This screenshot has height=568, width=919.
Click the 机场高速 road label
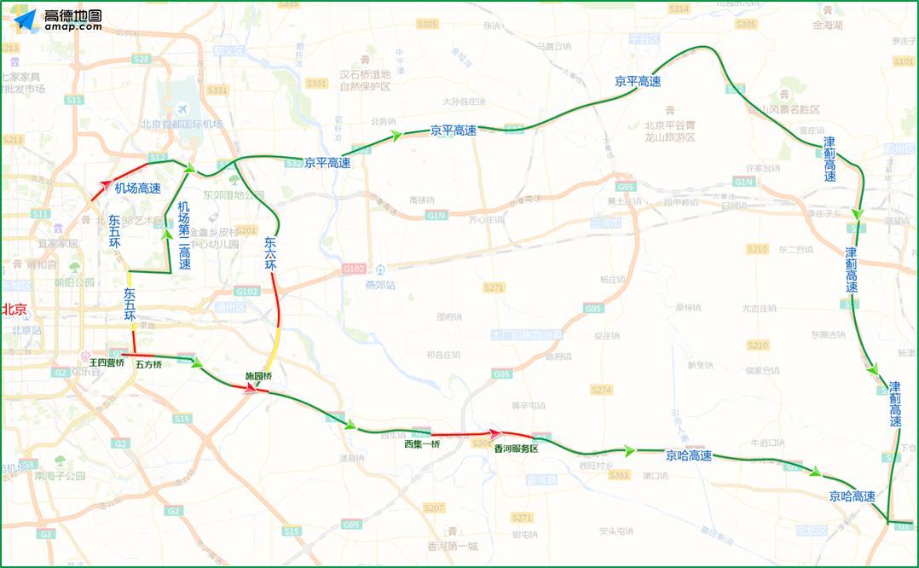point(138,188)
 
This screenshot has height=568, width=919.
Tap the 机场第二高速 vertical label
point(184,235)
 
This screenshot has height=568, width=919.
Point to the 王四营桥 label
point(107,363)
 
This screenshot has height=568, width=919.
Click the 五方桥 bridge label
point(148,364)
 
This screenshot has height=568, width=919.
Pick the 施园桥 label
point(258,376)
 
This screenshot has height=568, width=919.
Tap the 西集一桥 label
point(422,445)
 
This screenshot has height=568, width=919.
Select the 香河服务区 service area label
point(517,449)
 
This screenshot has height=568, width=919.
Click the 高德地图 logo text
point(73,15)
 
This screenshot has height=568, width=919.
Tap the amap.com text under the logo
point(73,27)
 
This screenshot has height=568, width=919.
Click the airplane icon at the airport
point(182,110)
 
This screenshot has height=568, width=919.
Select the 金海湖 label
point(827,26)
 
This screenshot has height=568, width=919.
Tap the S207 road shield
point(434,508)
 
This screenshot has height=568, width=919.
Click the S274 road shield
point(601,390)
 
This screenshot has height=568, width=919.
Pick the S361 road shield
point(619,475)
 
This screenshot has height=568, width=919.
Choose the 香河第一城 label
point(454,546)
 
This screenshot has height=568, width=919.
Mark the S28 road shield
point(142,59)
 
